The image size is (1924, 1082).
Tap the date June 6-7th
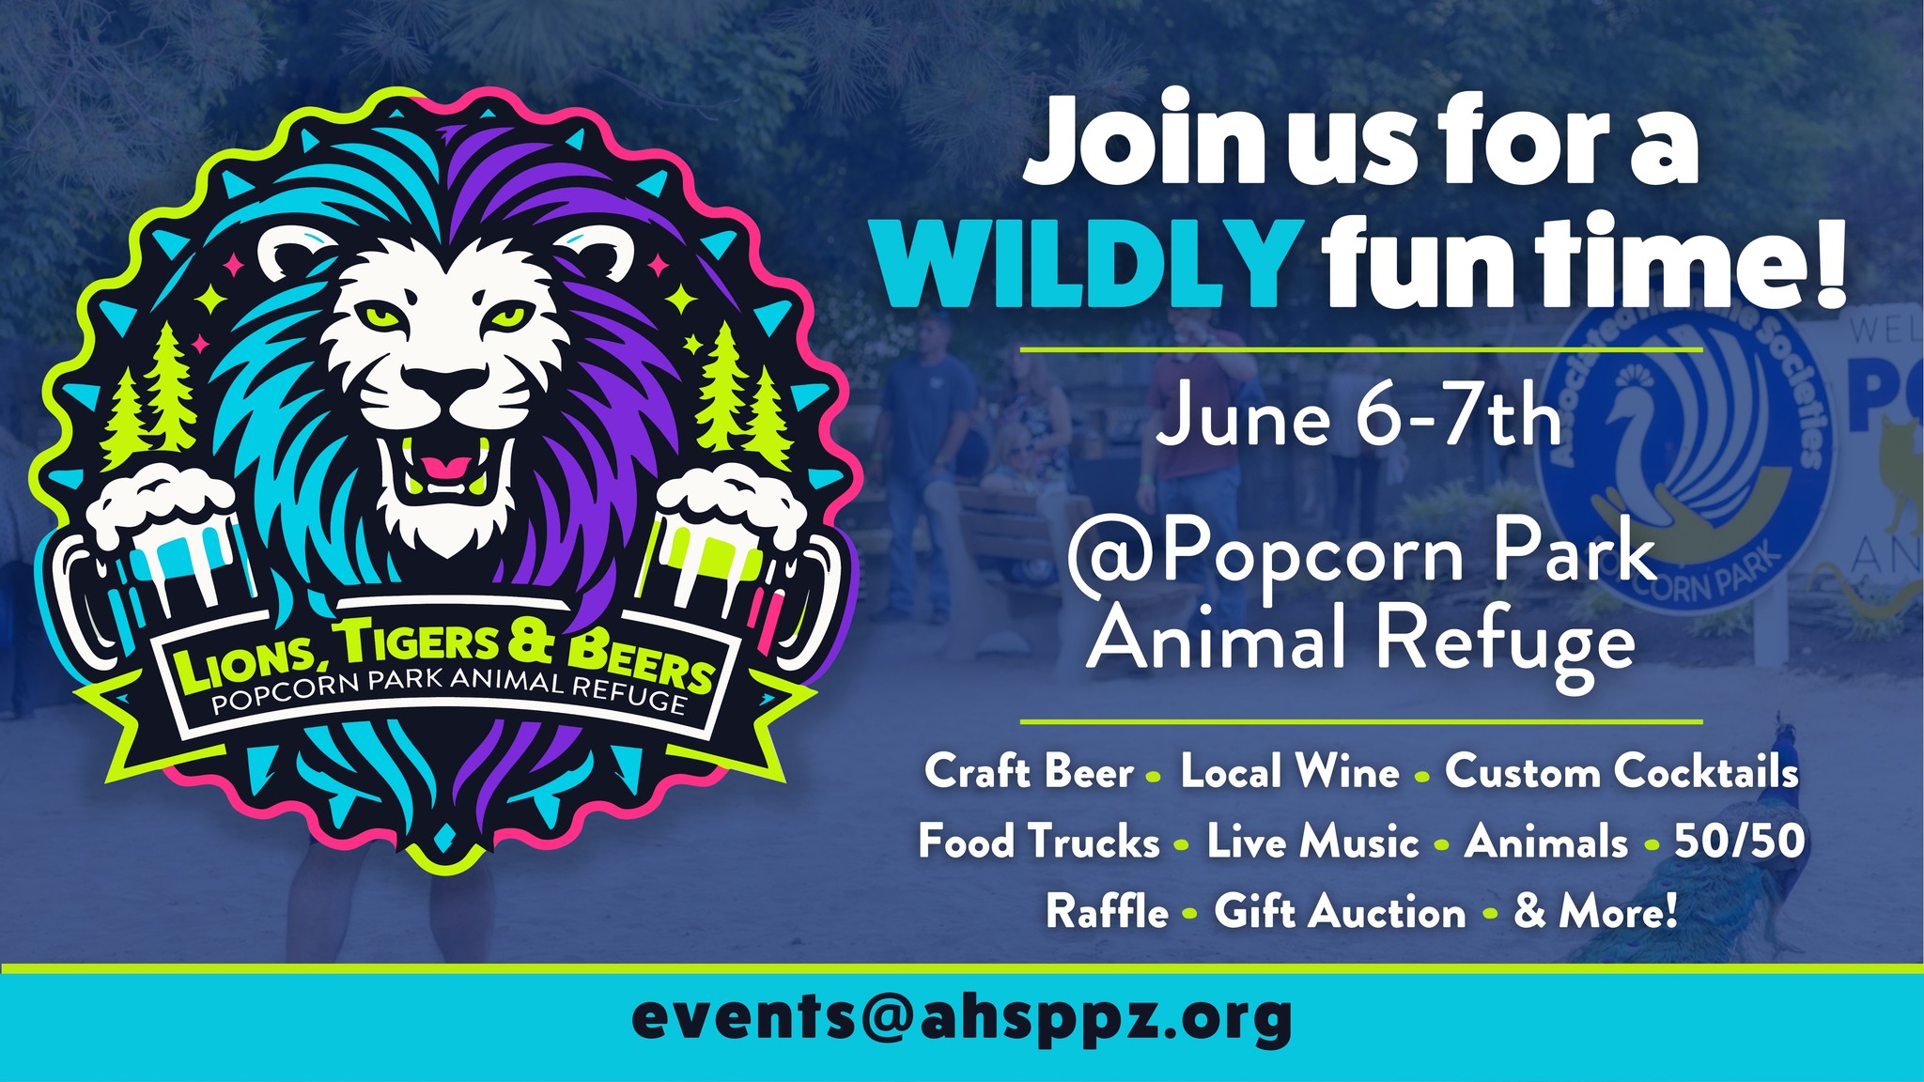(x=1358, y=419)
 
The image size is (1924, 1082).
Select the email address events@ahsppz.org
(x=961, y=1019)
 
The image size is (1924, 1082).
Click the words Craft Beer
(x=1030, y=773)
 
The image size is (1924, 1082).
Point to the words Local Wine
(x=1290, y=773)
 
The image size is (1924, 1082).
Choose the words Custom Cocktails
(x=1621, y=773)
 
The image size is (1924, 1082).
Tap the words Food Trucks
(x=1039, y=842)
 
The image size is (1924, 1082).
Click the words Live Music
(x=1312, y=842)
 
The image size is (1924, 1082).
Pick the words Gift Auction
(x=1340, y=912)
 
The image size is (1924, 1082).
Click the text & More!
(x=1595, y=912)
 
